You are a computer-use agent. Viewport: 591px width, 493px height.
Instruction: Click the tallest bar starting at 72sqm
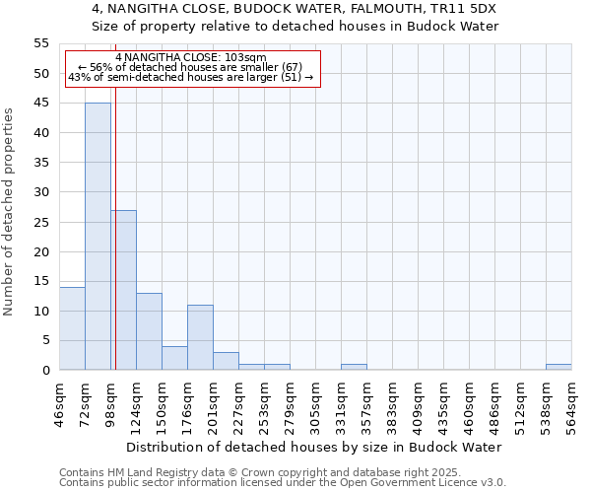(98, 237)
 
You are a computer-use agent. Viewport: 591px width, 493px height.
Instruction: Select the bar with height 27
(123, 290)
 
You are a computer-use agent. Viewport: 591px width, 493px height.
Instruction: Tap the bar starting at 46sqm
(72, 328)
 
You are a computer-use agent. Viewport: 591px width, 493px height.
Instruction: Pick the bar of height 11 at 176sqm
(200, 337)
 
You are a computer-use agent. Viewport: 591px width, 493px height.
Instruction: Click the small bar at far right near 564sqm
(558, 367)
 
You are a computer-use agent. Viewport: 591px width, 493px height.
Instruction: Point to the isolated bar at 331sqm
(354, 367)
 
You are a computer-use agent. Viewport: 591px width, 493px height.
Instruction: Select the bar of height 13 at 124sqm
(149, 331)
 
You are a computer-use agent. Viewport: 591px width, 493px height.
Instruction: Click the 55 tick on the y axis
(41, 43)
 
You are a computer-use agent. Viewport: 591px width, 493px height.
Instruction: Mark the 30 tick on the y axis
(41, 192)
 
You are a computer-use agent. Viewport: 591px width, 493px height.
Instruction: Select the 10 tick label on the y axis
(41, 312)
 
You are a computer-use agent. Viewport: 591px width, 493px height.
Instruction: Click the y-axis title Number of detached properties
(9, 212)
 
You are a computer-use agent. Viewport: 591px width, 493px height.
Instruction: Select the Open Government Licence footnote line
(282, 482)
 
